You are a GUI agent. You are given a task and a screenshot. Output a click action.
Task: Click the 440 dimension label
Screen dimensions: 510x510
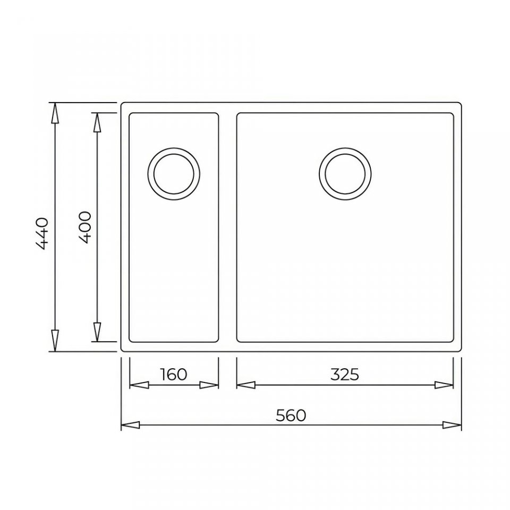[x=42, y=234]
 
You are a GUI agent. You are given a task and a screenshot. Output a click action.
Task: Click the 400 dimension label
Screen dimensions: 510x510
[x=85, y=227]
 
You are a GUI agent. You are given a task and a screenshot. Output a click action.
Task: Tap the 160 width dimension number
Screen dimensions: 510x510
[x=174, y=374]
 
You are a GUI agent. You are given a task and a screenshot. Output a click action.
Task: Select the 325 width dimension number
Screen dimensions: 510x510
[x=345, y=375]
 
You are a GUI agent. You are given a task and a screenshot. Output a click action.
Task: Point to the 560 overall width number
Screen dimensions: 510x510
[x=291, y=415]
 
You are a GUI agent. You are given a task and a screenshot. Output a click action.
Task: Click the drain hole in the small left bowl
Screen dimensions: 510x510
[x=174, y=174]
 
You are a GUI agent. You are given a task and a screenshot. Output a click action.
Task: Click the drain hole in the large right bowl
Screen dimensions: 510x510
[x=345, y=174]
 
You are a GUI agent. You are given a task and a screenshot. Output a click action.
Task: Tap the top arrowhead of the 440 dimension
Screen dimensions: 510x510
[x=55, y=113]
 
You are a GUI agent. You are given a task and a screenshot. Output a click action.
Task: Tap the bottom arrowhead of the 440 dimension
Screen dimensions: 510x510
[x=55, y=341]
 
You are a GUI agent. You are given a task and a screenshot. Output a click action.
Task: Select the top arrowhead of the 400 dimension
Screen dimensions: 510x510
[x=97, y=122]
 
